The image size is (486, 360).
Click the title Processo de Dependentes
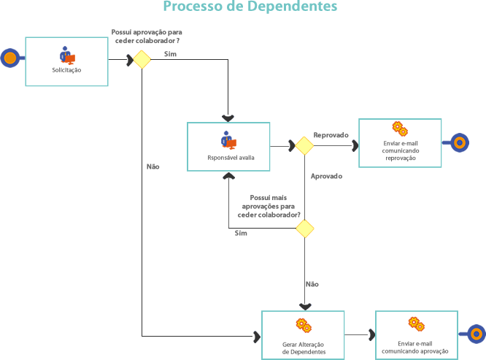(250, 7)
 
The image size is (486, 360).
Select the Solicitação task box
(66, 61)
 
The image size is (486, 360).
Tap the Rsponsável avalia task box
(229, 146)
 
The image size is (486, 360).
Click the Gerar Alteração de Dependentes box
(304, 334)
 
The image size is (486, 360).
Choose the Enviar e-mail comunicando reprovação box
(400, 142)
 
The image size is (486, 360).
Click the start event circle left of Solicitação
(9, 58)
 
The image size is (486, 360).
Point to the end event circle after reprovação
(459, 142)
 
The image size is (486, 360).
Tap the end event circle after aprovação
(475, 334)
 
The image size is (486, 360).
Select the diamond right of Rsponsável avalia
(304, 145)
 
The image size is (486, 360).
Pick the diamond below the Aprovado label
(304, 229)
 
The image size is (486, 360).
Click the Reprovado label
(331, 135)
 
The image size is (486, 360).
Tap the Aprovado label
(326, 176)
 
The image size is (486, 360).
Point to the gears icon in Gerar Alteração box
(304, 324)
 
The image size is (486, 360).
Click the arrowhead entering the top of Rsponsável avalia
(228, 118)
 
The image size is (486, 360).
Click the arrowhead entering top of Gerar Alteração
(304, 307)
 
